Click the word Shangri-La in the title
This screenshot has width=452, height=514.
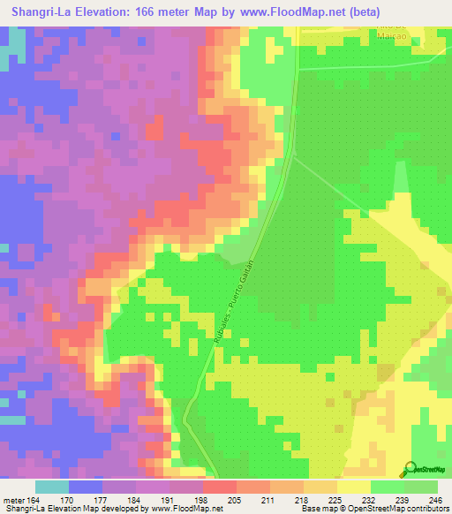[41, 11]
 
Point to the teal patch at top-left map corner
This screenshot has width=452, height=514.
[11, 49]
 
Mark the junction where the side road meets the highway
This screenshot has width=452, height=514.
[294, 156]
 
